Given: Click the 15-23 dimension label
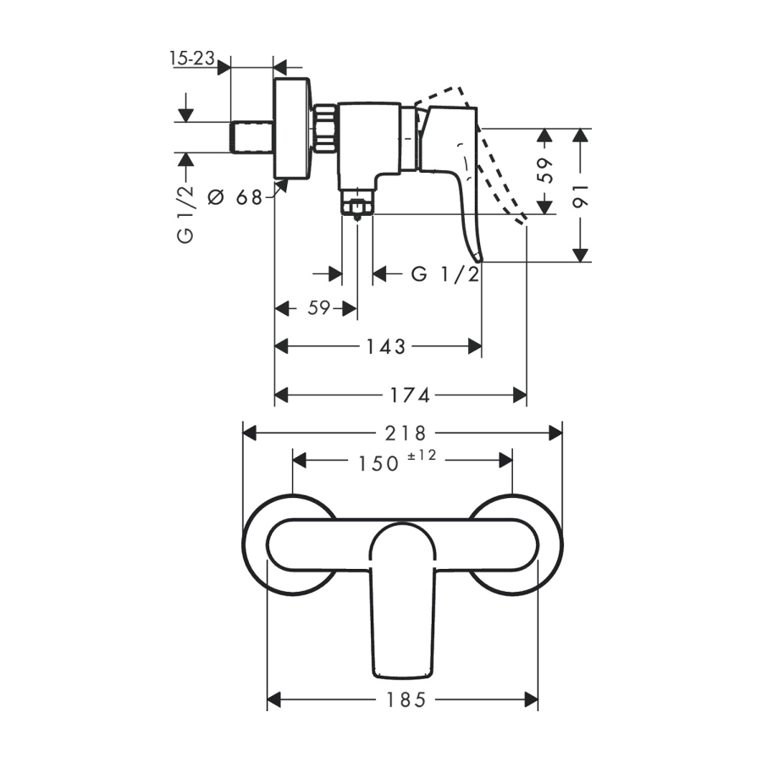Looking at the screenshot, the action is pos(192,58).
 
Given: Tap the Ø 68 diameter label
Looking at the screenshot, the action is pos(235,197).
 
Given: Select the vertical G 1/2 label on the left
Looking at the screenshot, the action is pos(185,215).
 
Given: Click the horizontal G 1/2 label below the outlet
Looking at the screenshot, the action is pos(445,274).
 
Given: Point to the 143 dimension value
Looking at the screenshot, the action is pos(386,347).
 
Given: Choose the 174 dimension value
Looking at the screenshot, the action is pos(411,395).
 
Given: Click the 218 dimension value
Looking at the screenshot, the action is pos(406,433).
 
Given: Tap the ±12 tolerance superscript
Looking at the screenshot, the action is pos(422,456).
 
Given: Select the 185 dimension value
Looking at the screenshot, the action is pos(406,700).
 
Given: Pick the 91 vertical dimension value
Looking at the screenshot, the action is pos(581,196).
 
